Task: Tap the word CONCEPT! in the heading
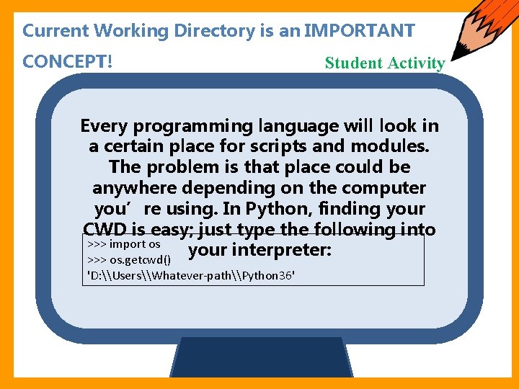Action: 67,62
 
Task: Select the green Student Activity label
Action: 384,63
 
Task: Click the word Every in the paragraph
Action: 104,126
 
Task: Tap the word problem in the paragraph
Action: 177,167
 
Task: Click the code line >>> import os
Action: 123,244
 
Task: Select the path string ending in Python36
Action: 191,276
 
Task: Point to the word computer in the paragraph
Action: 389,188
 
